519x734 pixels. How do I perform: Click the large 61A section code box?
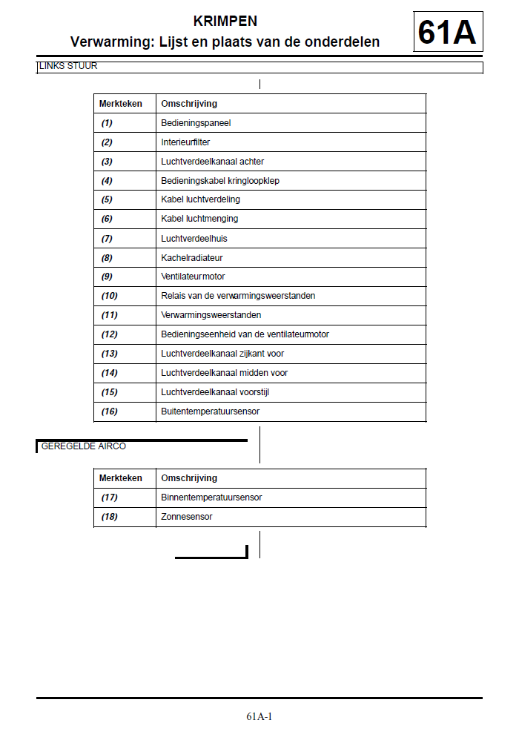click(x=447, y=32)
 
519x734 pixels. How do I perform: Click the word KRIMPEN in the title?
click(x=225, y=22)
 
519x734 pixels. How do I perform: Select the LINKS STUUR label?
click(x=68, y=67)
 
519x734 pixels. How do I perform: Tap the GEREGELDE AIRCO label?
click(x=84, y=446)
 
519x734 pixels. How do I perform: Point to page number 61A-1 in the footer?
click(x=259, y=716)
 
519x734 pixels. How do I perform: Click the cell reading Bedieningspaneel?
click(x=196, y=123)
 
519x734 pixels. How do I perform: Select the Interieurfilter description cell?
click(x=185, y=142)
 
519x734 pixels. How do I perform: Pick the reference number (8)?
click(x=108, y=258)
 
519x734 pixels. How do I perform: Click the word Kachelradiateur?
click(x=192, y=258)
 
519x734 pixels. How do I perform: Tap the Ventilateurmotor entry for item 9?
click(x=194, y=277)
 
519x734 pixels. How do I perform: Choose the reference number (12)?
click(x=110, y=334)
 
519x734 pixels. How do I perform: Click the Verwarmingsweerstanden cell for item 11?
click(x=211, y=315)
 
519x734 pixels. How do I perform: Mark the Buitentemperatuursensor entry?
click(x=211, y=411)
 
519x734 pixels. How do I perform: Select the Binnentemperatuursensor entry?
click(x=212, y=497)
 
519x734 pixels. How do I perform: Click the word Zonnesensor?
click(x=187, y=517)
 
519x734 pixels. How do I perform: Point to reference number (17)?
click(x=110, y=497)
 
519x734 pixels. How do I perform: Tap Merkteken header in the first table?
click(x=121, y=104)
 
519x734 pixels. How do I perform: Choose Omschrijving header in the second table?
click(x=189, y=478)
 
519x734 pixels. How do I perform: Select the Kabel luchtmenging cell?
click(x=199, y=219)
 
